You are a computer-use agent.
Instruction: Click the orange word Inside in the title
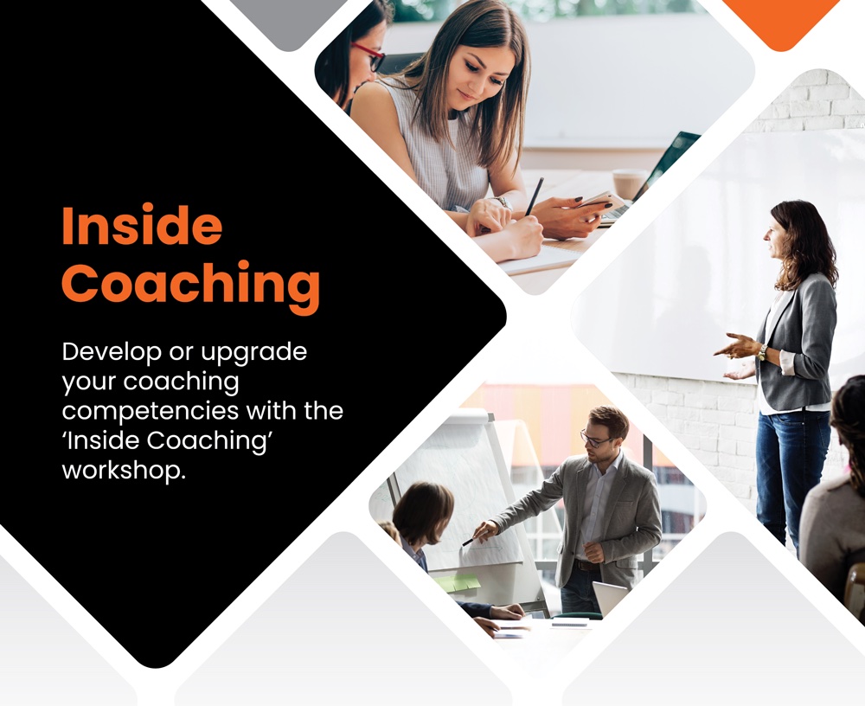click(x=143, y=226)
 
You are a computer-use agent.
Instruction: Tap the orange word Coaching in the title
click(x=191, y=285)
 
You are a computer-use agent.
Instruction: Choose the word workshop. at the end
click(x=123, y=471)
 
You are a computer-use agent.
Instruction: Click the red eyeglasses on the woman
click(x=368, y=56)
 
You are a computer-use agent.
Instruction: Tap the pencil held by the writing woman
click(x=534, y=196)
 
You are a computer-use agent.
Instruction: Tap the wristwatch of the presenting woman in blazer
click(x=762, y=352)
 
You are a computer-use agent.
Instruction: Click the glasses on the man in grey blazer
click(x=593, y=440)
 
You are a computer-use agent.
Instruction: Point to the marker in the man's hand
click(x=468, y=542)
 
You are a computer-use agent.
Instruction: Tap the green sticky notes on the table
click(x=457, y=581)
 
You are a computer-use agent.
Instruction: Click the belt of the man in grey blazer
click(x=586, y=565)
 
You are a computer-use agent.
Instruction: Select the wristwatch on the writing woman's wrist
click(x=502, y=202)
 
